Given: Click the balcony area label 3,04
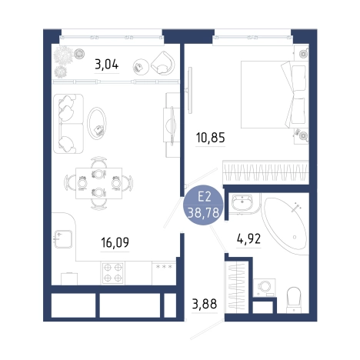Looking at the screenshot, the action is tap(107, 64).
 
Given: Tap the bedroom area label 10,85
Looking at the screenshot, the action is tap(211, 138).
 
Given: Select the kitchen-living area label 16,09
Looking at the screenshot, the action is tap(115, 242).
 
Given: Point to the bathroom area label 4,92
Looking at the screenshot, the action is tap(248, 239).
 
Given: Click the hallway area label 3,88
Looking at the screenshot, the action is tap(205, 304).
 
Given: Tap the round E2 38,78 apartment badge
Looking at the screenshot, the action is tap(203, 205).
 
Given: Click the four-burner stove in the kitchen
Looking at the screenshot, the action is tap(113, 273).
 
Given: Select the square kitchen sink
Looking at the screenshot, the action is tap(63, 239).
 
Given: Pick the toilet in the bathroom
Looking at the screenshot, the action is tap(294, 300).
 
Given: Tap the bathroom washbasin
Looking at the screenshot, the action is tap(242, 202).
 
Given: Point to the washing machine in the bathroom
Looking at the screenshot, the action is tap(264, 288).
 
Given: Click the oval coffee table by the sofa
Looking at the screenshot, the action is tap(97, 123).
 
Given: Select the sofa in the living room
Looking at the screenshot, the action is tap(68, 124).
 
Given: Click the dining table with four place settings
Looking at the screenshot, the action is tap(98, 183).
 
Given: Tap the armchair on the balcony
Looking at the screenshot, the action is tap(163, 63).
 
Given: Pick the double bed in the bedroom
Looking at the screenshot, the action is tap(275, 95).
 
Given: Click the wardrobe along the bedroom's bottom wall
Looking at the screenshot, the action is tap(265, 172).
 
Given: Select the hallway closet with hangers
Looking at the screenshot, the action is tap(236, 287).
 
